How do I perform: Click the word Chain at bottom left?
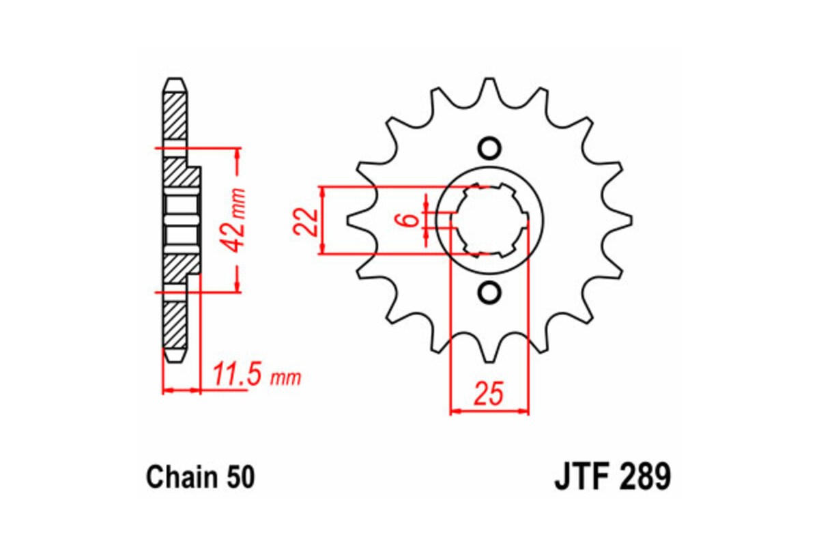[x=178, y=477]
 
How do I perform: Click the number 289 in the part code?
[x=646, y=477]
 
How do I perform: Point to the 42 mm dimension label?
[x=236, y=220]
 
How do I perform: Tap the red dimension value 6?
[x=409, y=220]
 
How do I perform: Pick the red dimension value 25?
[x=489, y=394]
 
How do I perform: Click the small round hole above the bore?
[x=489, y=148]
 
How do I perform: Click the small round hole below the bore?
[x=489, y=293]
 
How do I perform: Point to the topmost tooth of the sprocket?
[x=489, y=85]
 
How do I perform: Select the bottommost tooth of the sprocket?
[x=489, y=356]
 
